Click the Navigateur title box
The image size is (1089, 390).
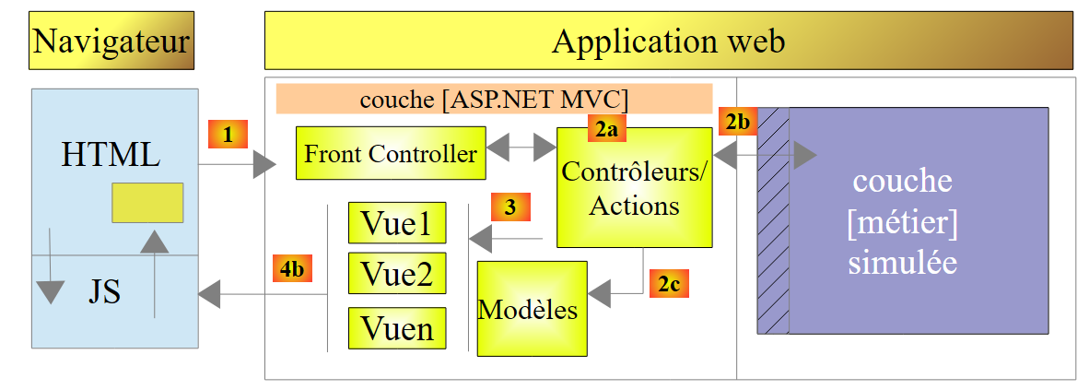111,41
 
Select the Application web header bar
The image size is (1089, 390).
669,41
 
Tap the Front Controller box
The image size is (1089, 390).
392,153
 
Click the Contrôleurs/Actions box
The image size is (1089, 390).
634,187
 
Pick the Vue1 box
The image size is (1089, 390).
397,223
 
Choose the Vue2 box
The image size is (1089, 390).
397,275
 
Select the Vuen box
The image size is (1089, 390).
397,327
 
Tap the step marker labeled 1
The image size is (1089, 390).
228,134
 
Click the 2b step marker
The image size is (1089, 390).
738,122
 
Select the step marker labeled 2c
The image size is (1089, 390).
669,283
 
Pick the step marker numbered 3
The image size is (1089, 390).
510,207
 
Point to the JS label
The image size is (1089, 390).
104,292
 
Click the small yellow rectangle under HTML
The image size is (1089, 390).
147,202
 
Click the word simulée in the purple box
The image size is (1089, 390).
902,262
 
